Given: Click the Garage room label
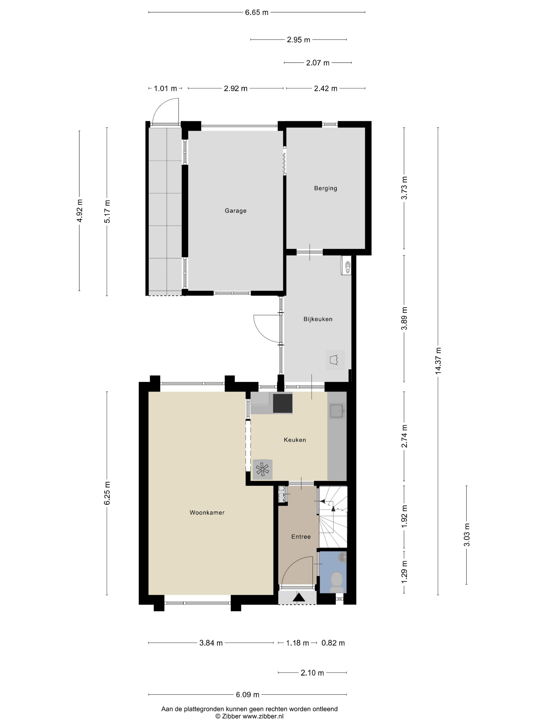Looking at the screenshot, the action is click(235, 211).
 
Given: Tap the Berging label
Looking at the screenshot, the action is click(326, 188).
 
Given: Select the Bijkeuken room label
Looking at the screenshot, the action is click(318, 319).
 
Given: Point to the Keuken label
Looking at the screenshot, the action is click(295, 440).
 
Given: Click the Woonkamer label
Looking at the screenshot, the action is click(207, 512).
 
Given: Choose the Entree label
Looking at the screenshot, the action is click(301, 536).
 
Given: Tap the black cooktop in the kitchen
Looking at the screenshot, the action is click(283, 403).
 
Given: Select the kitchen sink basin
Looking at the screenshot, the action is click(337, 411).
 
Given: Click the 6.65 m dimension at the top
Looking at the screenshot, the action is click(257, 12).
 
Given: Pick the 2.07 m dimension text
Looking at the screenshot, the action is click(318, 63).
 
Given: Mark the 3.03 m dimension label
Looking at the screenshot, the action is click(467, 535).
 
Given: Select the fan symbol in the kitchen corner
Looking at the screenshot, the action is click(262, 469).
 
